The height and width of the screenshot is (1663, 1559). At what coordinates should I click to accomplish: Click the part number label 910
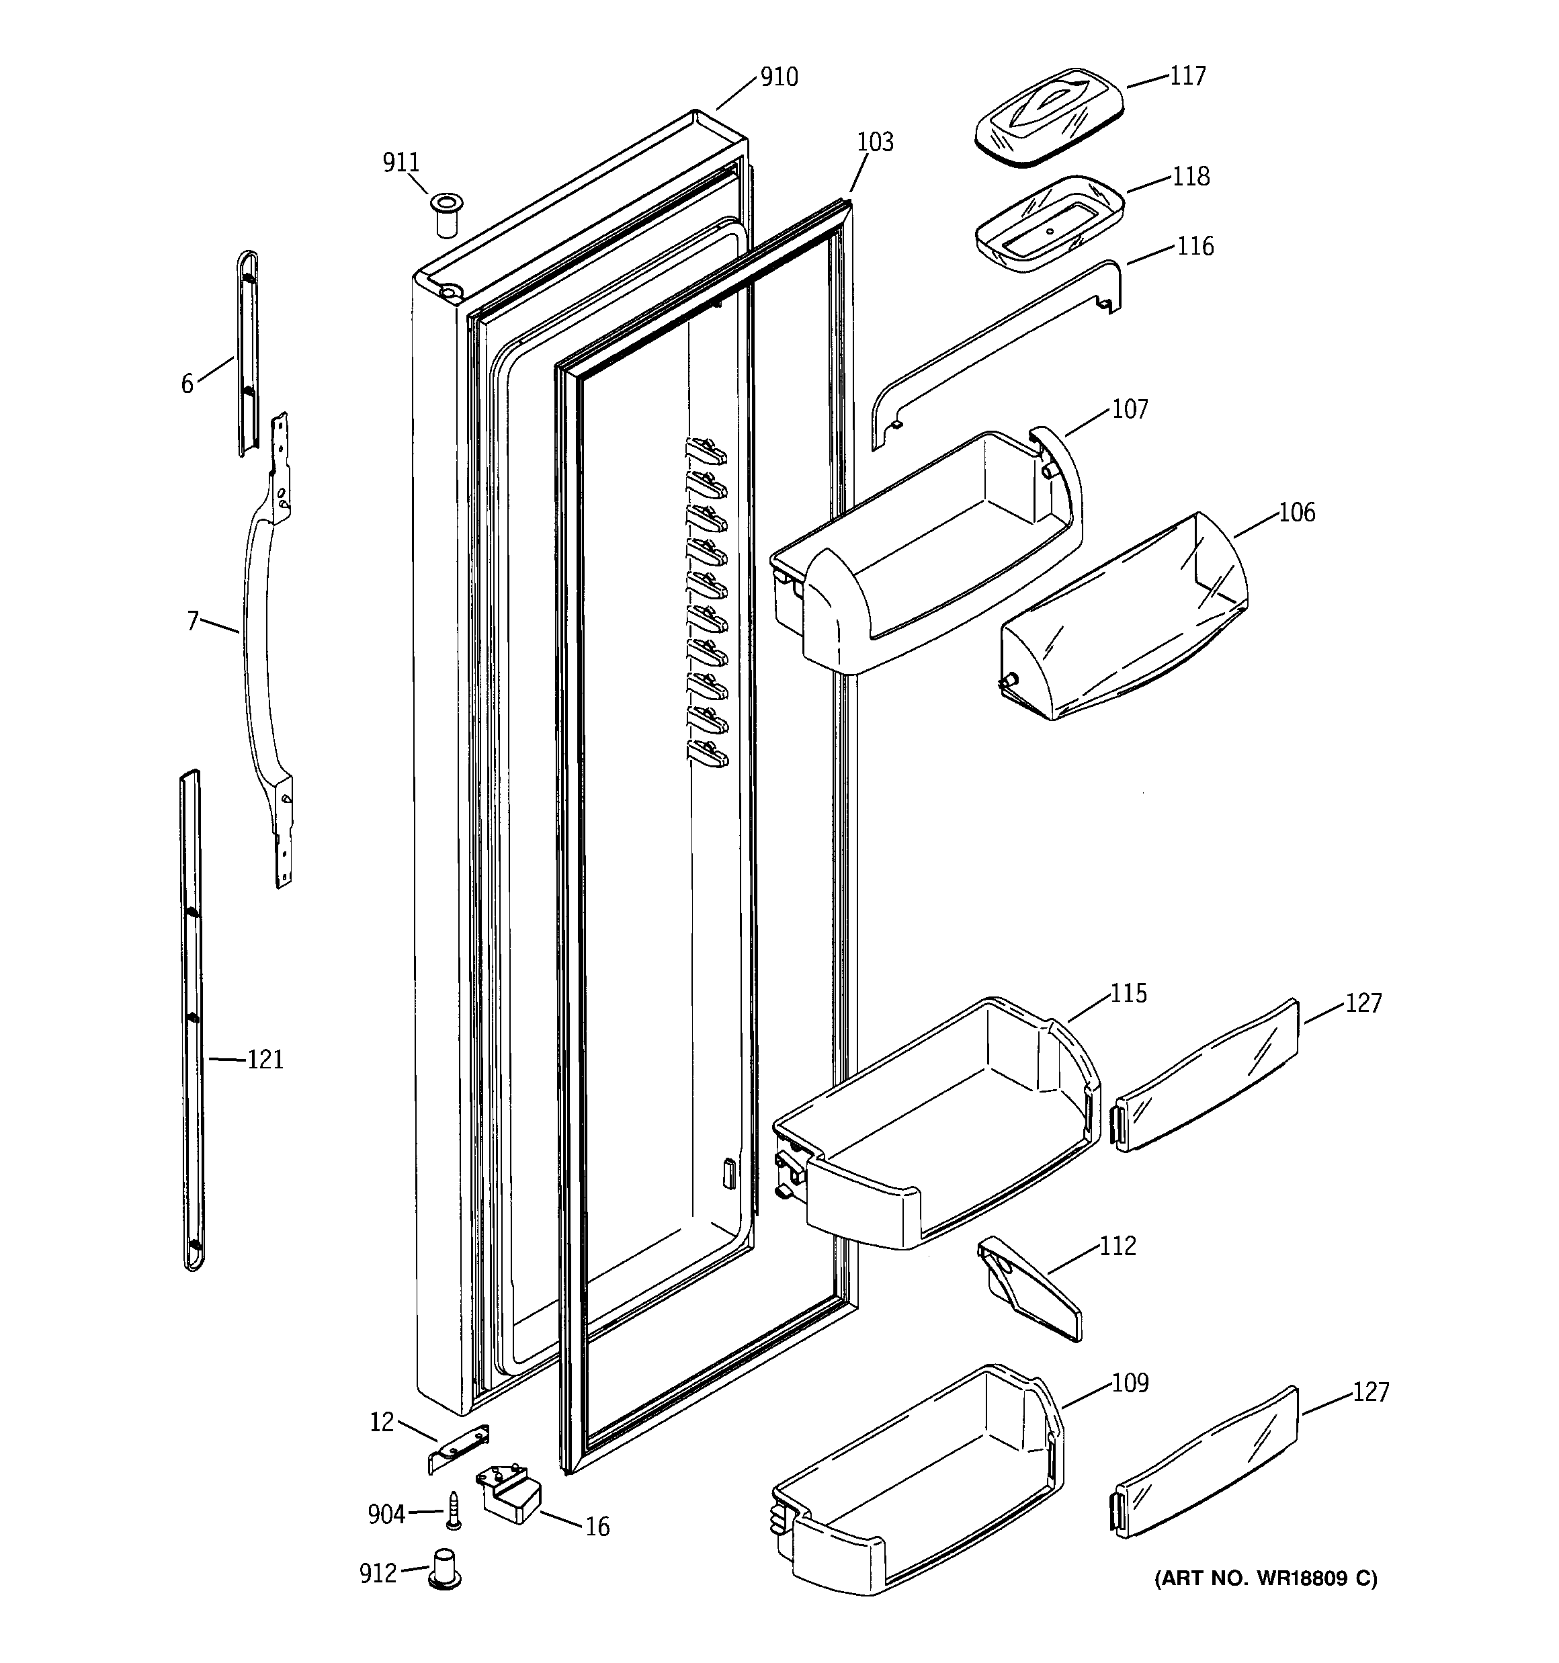click(x=778, y=78)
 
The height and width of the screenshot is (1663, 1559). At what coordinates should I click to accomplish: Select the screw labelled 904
click(x=454, y=1510)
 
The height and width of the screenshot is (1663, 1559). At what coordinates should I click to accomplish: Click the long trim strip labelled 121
click(x=192, y=1021)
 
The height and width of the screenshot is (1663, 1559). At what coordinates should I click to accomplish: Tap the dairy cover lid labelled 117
click(x=1048, y=117)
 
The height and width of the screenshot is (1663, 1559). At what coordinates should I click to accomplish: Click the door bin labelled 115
click(x=937, y=1129)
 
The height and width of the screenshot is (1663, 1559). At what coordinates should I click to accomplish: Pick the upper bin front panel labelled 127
click(x=1208, y=1075)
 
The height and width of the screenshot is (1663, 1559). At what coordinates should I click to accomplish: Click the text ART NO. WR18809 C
click(x=1265, y=1578)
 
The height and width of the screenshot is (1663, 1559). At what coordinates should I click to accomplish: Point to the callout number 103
click(x=876, y=143)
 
